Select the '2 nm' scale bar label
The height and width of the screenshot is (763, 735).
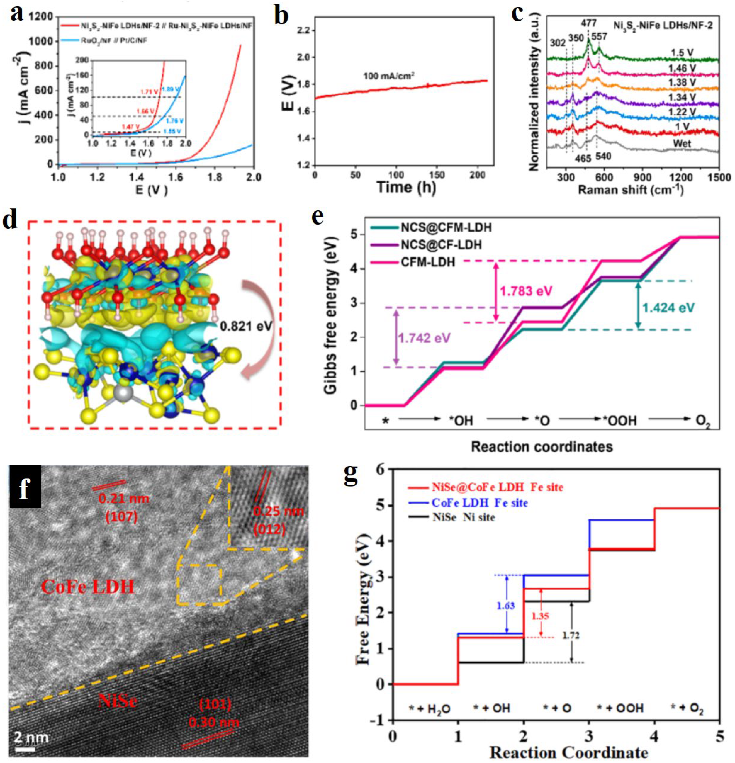[x=32, y=737]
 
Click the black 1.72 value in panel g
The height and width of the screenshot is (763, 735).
[x=571, y=635]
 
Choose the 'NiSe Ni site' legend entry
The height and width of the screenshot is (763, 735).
[x=463, y=517]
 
